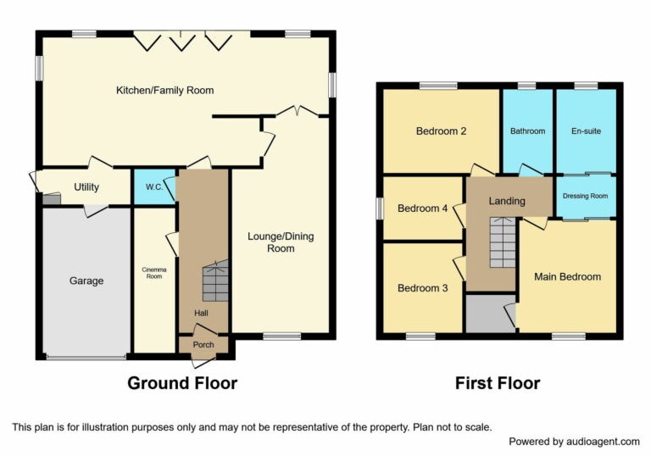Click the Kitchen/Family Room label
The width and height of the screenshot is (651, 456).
pyautogui.click(x=164, y=90)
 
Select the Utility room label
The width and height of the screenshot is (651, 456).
pyautogui.click(x=86, y=187)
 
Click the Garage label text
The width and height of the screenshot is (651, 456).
pyautogui.click(x=86, y=281)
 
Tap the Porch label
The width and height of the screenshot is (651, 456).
pyautogui.click(x=203, y=345)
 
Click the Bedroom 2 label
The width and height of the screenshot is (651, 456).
pyautogui.click(x=442, y=131)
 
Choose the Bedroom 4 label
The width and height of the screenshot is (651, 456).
pyautogui.click(x=423, y=209)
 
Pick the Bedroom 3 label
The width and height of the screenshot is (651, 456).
pyautogui.click(x=423, y=288)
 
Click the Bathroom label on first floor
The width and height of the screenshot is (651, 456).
pyautogui.click(x=527, y=131)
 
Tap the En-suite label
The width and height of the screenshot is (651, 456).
pyautogui.click(x=586, y=131)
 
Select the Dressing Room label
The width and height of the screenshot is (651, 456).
pyautogui.click(x=586, y=196)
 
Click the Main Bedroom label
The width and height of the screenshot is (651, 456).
pyautogui.click(x=567, y=277)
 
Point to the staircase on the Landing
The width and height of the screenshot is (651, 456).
pyautogui.click(x=502, y=242)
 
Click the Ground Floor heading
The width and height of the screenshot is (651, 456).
pyautogui.click(x=182, y=383)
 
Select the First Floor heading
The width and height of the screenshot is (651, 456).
pyautogui.click(x=498, y=383)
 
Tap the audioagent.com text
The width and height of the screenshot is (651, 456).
pyautogui.click(x=603, y=442)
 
